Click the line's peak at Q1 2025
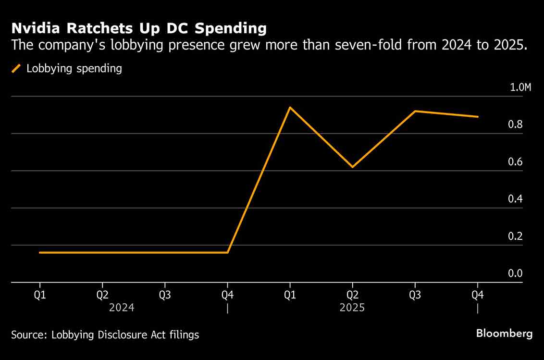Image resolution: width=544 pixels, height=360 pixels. coord(290,107)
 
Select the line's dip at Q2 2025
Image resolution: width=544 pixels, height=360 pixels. coord(352,167)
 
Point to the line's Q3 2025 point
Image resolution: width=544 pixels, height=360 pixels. coord(415,111)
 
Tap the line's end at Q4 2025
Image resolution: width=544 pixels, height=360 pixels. coord(478,116)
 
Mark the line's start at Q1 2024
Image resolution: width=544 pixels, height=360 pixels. coord(40,252)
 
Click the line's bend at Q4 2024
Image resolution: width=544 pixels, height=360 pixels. coord(227,252)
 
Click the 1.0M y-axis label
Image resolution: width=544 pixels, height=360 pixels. coord(520,87)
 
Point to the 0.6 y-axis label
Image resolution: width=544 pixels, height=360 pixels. coord(515,161)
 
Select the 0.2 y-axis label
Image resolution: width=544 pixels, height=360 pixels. coord(515,236)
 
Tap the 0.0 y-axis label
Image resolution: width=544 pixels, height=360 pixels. coord(515,273)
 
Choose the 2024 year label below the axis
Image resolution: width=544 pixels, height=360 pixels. coord(122,308)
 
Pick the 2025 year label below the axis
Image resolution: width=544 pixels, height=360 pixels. coord(352,308)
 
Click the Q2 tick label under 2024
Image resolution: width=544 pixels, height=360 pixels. coord(102,295)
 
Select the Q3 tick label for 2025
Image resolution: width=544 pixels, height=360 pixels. coord(415,295)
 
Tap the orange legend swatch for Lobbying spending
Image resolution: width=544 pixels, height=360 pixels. coord(16,68)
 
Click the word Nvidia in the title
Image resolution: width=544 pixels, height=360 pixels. coord(35,28)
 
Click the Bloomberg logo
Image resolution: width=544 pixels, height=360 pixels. coord(504,333)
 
